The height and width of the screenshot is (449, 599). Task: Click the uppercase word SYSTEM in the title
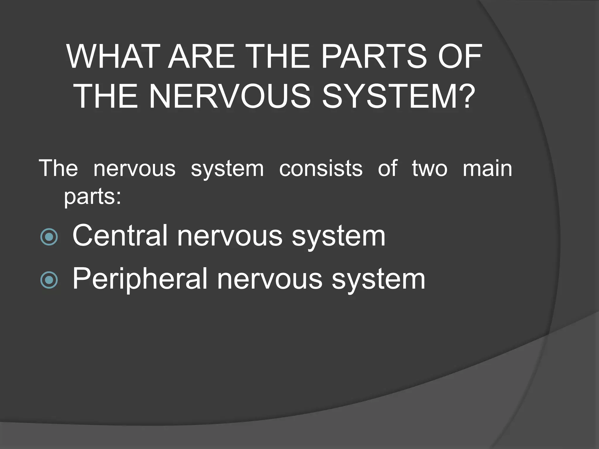(387, 96)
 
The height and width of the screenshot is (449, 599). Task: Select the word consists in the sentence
(321, 169)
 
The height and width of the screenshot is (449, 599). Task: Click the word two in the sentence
(430, 169)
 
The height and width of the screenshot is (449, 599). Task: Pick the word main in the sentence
(488, 169)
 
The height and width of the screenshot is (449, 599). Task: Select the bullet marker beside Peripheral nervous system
(49, 280)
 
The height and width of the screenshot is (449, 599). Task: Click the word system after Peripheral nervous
(378, 279)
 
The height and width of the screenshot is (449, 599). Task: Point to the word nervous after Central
(230, 236)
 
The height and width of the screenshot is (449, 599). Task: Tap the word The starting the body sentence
(58, 169)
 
